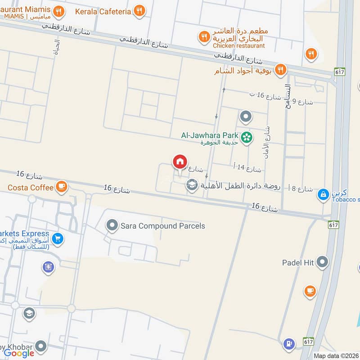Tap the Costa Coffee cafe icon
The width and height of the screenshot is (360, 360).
pos(61,187)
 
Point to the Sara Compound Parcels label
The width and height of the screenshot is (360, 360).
pos(162,226)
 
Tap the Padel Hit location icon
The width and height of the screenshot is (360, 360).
pos(322,262)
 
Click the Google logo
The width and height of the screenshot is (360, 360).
pos(19,353)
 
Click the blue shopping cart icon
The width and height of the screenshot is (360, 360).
pos(57,239)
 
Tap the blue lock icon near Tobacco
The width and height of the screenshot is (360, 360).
pos(323,194)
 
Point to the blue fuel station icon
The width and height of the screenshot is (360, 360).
pos(288,345)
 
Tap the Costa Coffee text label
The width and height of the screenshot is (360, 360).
pos(30,187)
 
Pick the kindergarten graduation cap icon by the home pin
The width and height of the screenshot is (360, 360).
pos(192,185)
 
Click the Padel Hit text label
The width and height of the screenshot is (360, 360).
pos(298,262)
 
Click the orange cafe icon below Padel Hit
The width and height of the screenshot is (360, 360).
pos(310,291)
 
